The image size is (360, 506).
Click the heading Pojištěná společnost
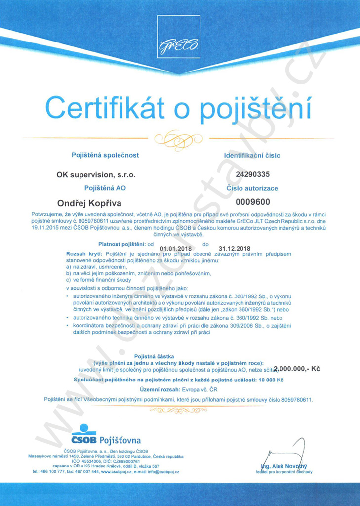click(105, 155)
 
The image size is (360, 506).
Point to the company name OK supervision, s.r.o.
click(96, 174)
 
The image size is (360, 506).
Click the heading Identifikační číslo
click(252, 155)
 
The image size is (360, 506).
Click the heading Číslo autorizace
click(252, 188)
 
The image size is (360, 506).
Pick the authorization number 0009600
click(253, 202)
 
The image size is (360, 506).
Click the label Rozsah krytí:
click(82, 253)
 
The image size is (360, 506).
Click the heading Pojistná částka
click(153, 356)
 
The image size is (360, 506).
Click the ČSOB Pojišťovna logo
click(106, 435)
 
